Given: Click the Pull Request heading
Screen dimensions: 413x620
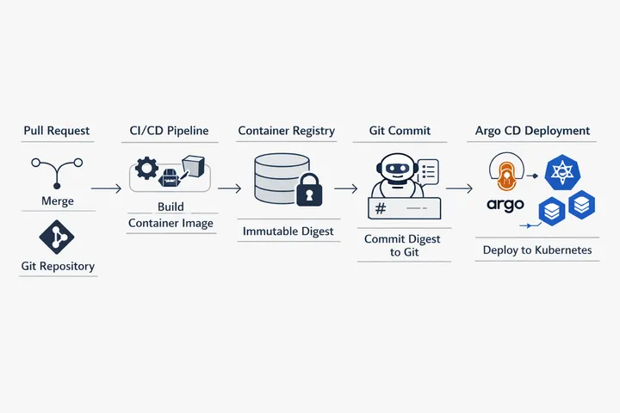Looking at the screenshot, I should [x=57, y=131].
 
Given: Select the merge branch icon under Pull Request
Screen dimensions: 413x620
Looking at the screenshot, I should [x=58, y=170].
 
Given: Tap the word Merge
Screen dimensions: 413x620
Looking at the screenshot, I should [x=58, y=201].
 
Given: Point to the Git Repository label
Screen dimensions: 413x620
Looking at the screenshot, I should [x=58, y=267].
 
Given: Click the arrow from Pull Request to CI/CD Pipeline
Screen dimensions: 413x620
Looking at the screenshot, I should [x=106, y=188].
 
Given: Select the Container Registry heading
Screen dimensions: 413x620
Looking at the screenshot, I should [x=287, y=131].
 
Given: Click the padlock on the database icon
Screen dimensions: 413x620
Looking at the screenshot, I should [x=307, y=192].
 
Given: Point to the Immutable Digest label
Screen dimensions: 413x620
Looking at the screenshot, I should [x=288, y=231].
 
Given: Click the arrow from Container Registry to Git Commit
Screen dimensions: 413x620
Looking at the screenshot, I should [x=345, y=188].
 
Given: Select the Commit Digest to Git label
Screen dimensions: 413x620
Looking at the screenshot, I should [x=402, y=245].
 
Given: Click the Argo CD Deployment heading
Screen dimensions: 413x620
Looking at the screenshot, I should [x=533, y=131].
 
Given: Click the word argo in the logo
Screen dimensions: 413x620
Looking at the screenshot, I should [x=505, y=205].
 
